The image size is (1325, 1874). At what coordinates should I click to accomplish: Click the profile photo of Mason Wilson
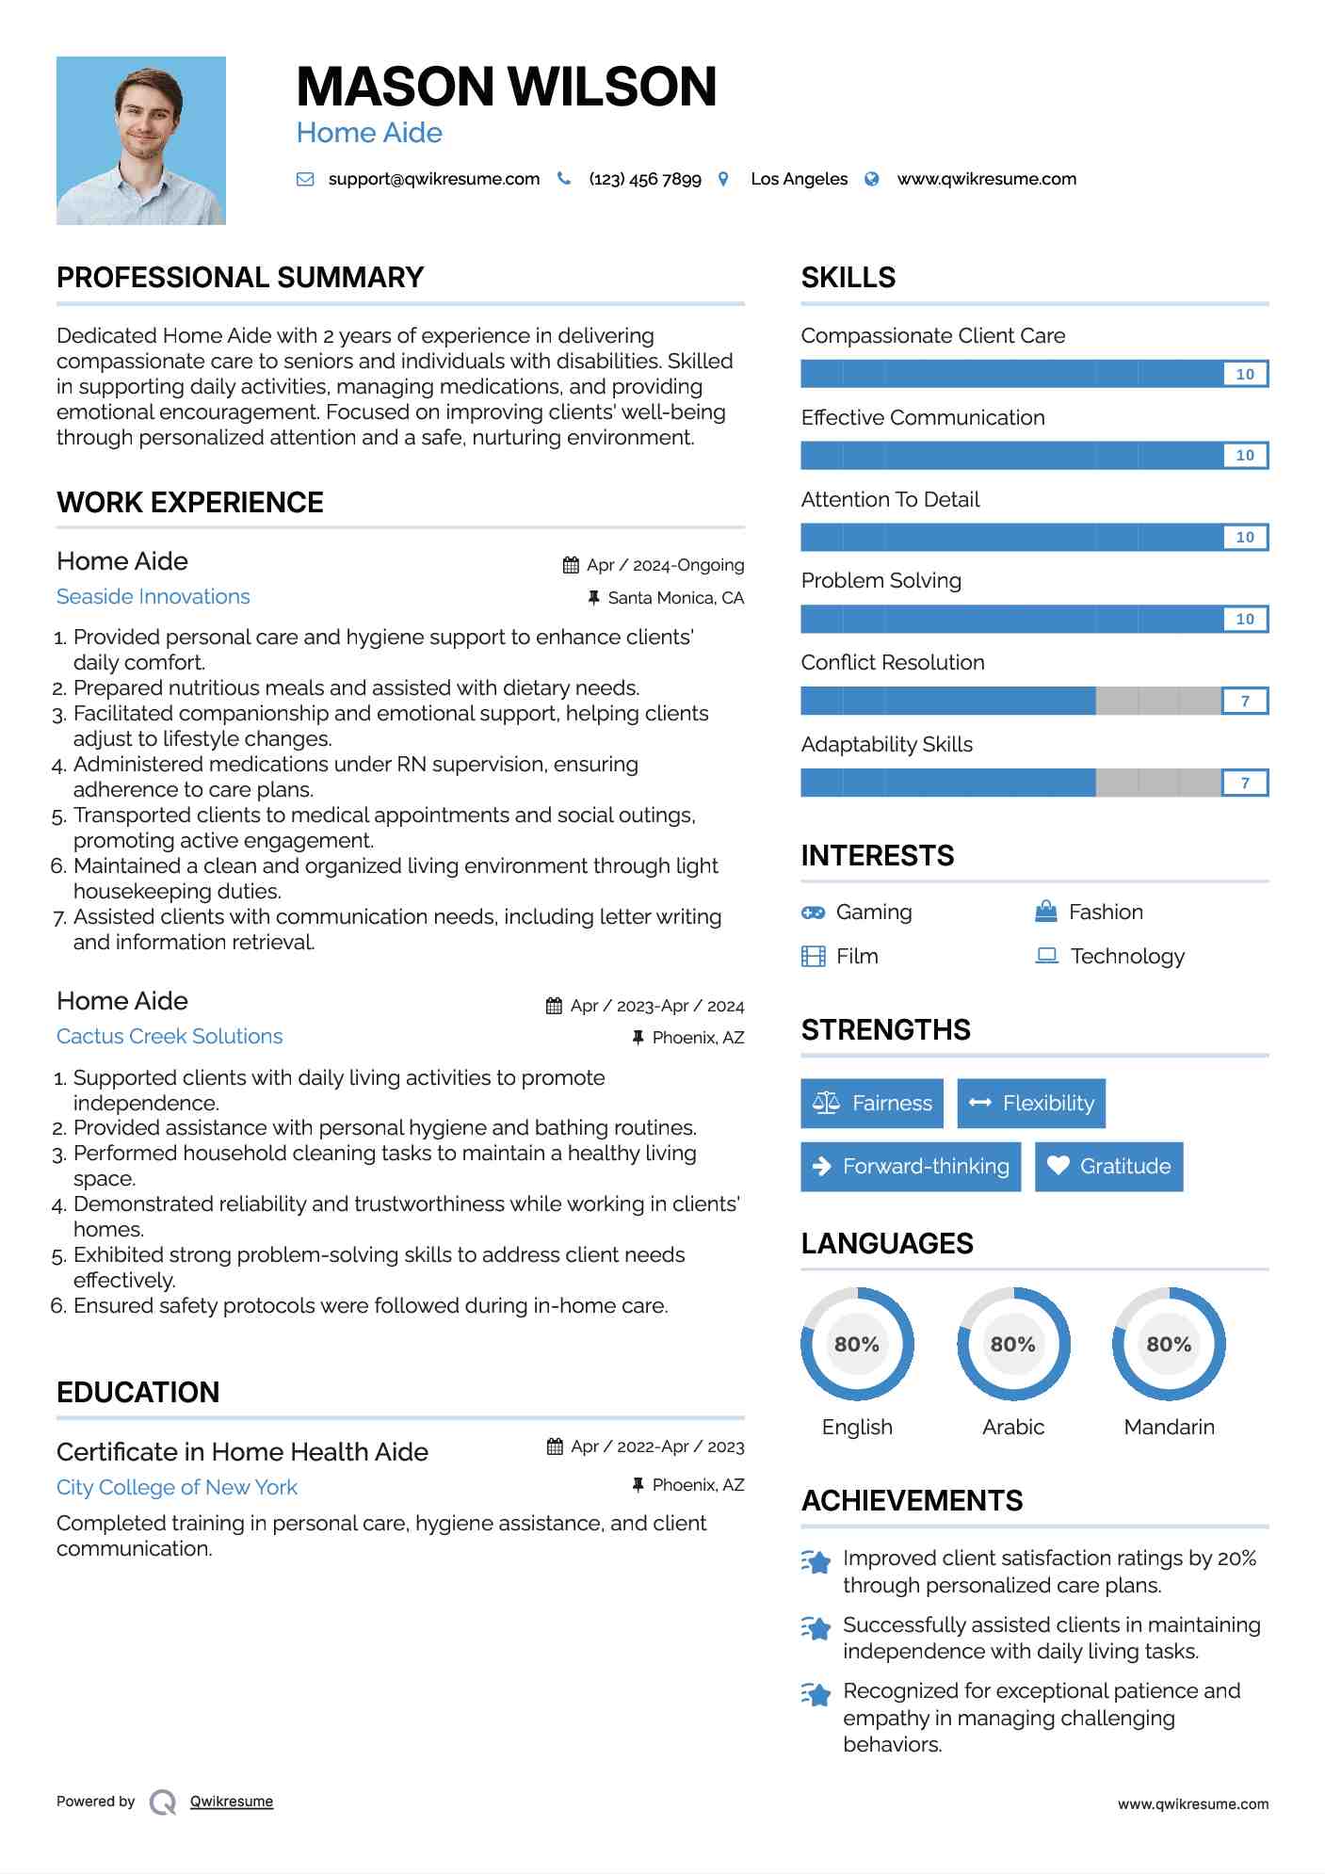pyautogui.click(x=141, y=140)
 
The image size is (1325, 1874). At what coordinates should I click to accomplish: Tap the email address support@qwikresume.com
pyautogui.click(x=433, y=179)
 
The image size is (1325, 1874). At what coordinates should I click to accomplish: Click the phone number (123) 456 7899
pyautogui.click(x=645, y=179)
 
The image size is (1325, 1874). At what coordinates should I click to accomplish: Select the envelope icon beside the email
pyautogui.click(x=305, y=179)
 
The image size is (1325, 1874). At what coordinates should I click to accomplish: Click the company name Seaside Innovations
pyautogui.click(x=154, y=597)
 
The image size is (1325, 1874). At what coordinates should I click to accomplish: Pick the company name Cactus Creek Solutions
pyautogui.click(x=170, y=1037)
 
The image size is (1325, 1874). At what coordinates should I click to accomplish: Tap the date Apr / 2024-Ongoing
pyautogui.click(x=665, y=565)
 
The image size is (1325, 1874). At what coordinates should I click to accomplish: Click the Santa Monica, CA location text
pyautogui.click(x=675, y=598)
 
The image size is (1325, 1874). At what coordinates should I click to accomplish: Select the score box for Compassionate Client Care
pyautogui.click(x=1245, y=374)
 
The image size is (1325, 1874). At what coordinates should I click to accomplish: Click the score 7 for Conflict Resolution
pyautogui.click(x=1245, y=701)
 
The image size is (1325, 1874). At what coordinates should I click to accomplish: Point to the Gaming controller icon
pyautogui.click(x=813, y=913)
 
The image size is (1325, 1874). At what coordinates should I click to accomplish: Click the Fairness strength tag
pyautogui.click(x=872, y=1104)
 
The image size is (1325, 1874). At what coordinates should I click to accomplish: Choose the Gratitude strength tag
pyautogui.click(x=1108, y=1167)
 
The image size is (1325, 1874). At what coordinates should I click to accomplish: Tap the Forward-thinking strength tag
pyautogui.click(x=911, y=1167)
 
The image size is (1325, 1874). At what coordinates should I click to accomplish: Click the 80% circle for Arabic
pyautogui.click(x=1013, y=1344)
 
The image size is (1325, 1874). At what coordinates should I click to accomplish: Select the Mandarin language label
pyautogui.click(x=1169, y=1428)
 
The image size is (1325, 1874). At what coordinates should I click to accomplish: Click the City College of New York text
pyautogui.click(x=177, y=1488)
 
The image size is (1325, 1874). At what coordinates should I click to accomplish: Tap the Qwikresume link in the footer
pyautogui.click(x=232, y=1801)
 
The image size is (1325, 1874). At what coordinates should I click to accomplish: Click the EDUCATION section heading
pyautogui.click(x=138, y=1393)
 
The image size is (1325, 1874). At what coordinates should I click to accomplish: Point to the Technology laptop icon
pyautogui.click(x=1046, y=956)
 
